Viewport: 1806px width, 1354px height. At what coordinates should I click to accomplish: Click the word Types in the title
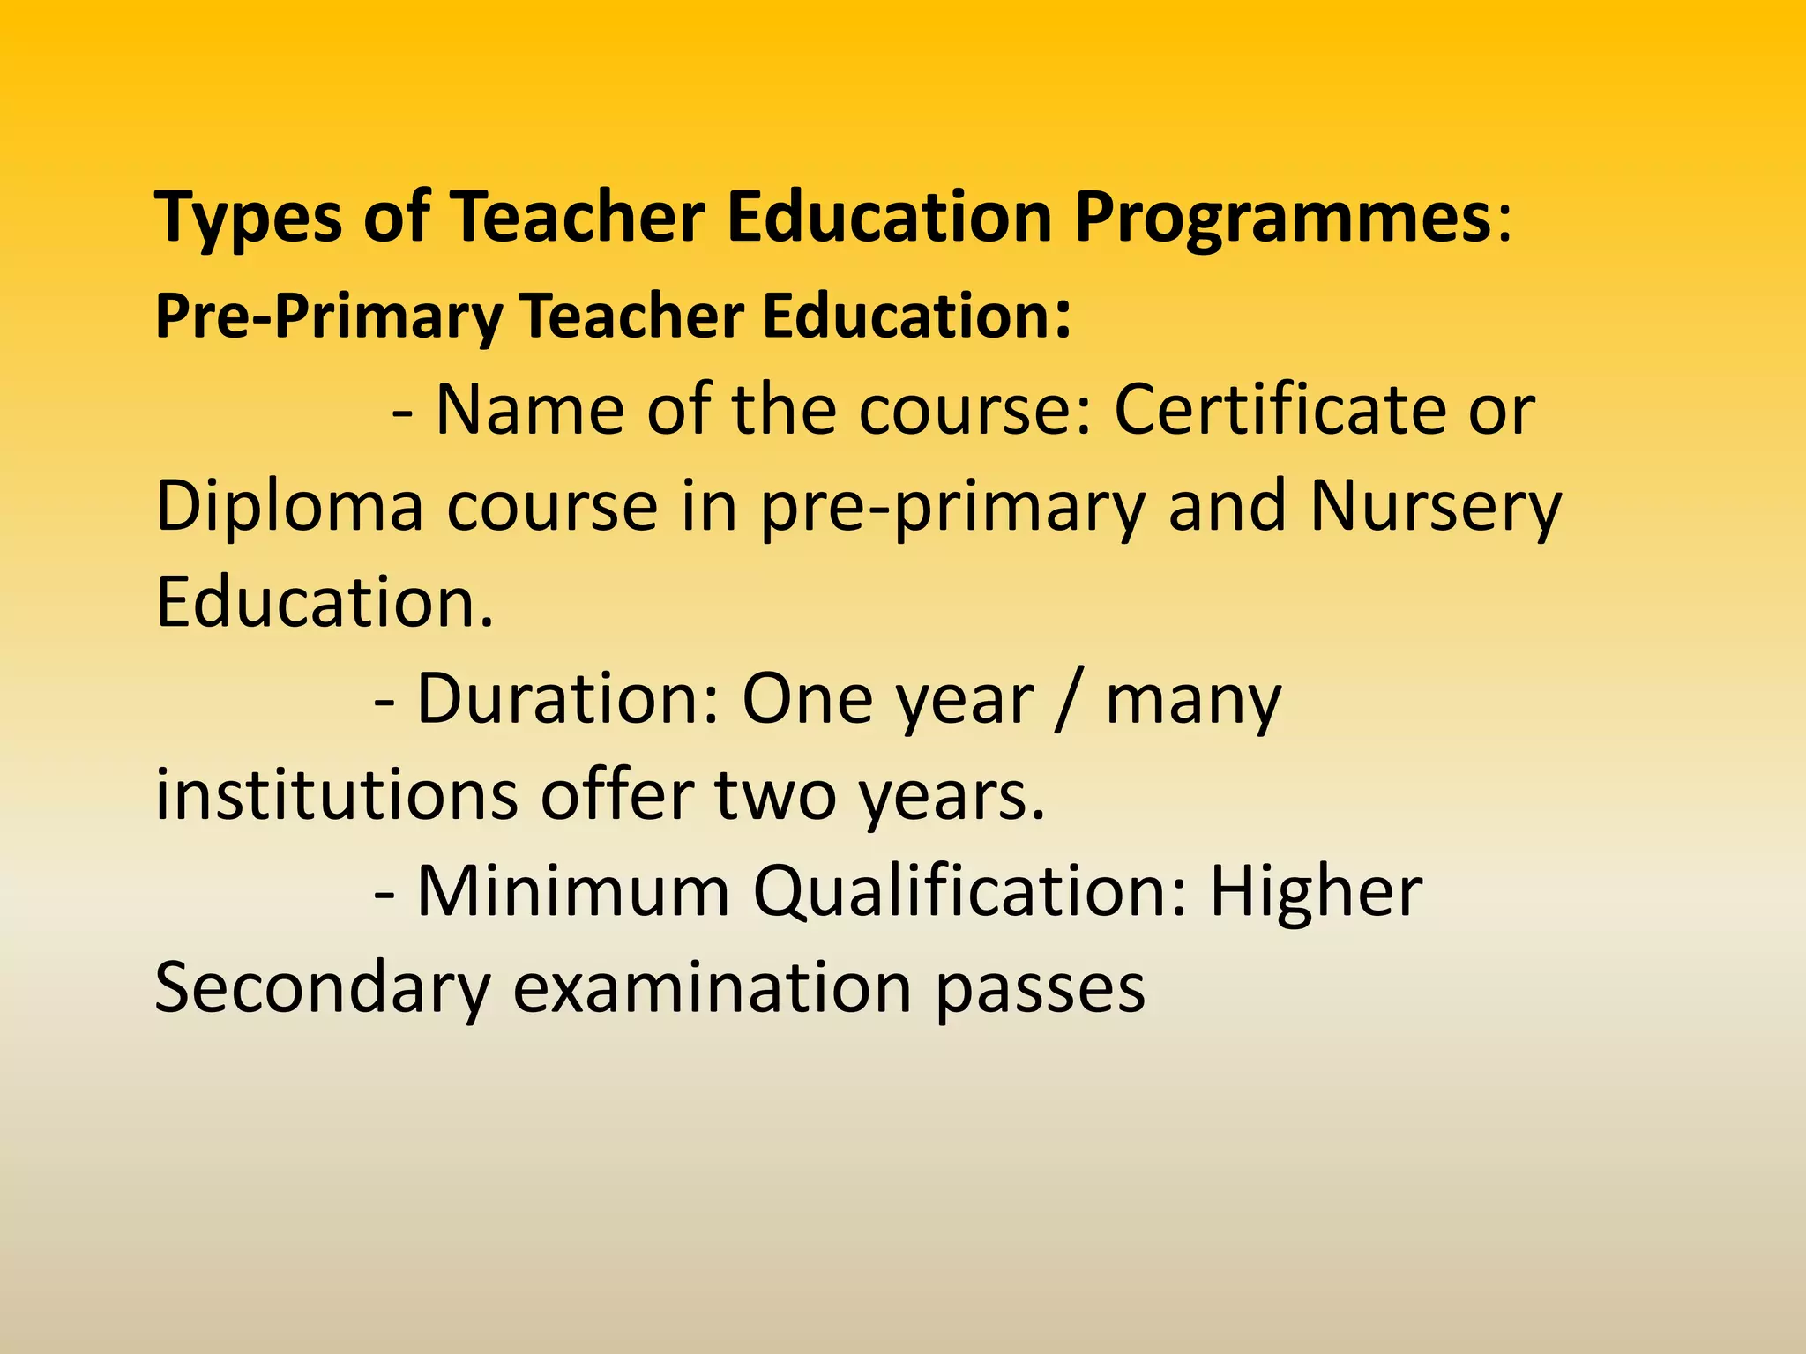point(248,218)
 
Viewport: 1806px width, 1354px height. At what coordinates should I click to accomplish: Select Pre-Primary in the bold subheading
point(329,316)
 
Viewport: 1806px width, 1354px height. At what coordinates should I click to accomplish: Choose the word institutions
point(336,795)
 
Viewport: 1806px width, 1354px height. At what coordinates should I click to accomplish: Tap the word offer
point(616,795)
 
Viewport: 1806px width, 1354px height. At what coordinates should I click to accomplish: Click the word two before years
point(775,795)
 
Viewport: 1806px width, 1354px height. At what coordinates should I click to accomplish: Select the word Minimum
point(573,892)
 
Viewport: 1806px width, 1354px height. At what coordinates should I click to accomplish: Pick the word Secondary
point(322,988)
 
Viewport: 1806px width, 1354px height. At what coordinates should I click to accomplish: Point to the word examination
point(713,988)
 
